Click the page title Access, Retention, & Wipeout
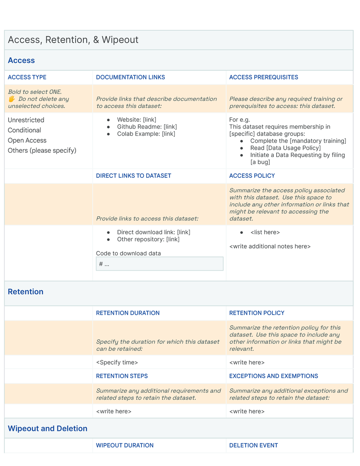click(x=73, y=40)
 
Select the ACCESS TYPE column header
click(x=27, y=77)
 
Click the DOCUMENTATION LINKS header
click(x=130, y=77)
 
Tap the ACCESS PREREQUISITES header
click(x=263, y=77)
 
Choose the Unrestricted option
click(x=26, y=120)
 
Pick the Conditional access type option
click(x=25, y=130)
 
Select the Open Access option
click(x=27, y=140)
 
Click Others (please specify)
click(x=42, y=151)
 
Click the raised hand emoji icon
click(x=12, y=99)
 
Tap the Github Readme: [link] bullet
click(x=147, y=127)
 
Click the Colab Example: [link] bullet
click(x=146, y=134)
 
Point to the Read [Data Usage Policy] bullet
click(x=285, y=148)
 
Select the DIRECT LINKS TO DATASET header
click(x=133, y=176)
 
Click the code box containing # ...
click(x=159, y=264)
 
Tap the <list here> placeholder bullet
click(x=265, y=232)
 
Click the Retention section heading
click(x=25, y=292)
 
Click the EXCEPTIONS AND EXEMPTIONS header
click(x=273, y=376)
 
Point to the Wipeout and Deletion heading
click(x=47, y=428)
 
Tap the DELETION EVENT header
click(x=253, y=445)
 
